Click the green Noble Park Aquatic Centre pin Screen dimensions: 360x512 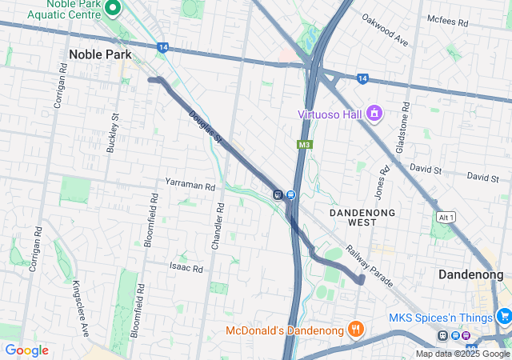tap(113, 10)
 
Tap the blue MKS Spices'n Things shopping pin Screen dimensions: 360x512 tap(502, 317)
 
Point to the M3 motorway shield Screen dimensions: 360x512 tap(304, 145)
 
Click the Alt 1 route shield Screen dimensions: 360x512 tap(446, 218)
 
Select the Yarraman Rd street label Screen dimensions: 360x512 tap(190, 186)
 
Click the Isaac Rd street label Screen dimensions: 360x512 tap(186, 266)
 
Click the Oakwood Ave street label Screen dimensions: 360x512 tap(385, 30)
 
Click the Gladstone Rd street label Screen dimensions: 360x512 tap(402, 128)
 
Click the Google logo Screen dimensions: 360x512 tap(26, 350)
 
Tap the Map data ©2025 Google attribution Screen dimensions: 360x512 tap(462, 354)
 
